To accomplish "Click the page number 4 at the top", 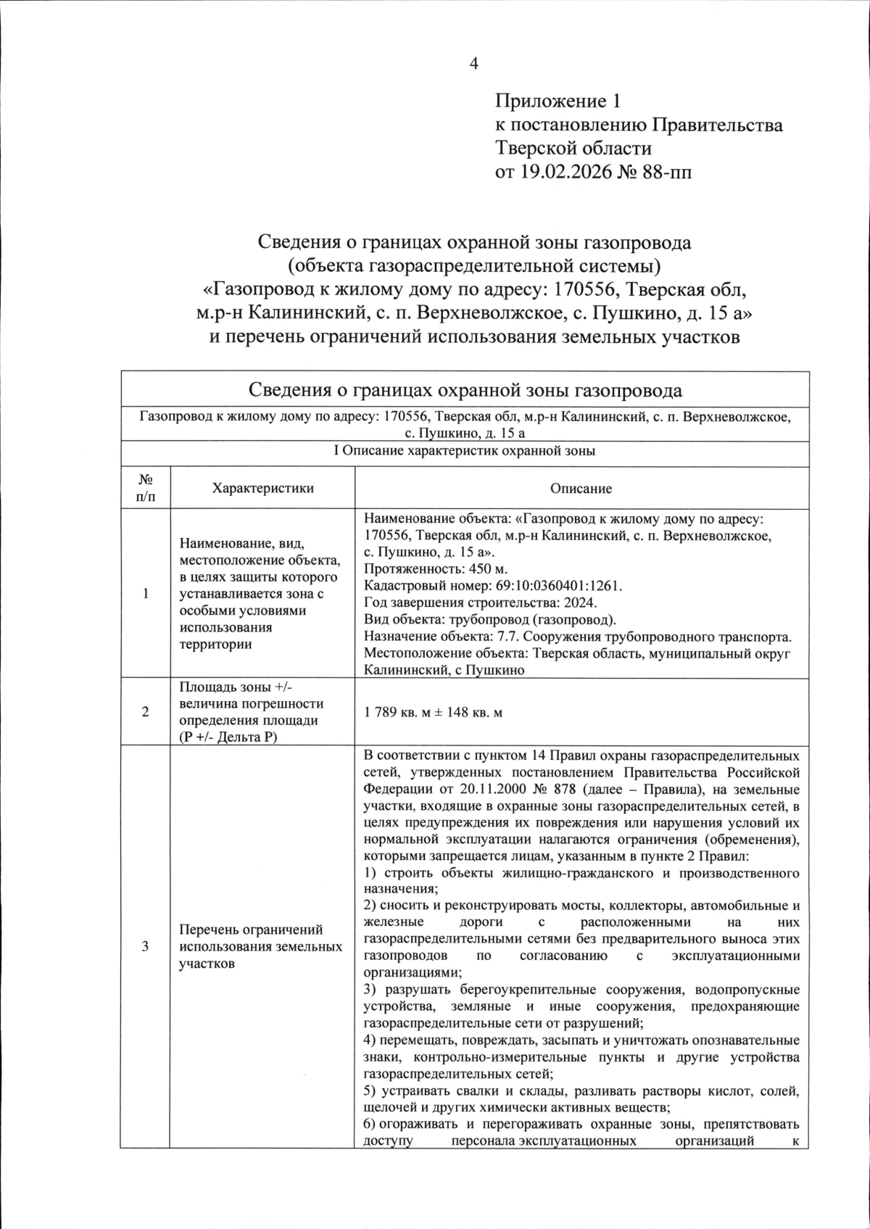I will [x=474, y=64].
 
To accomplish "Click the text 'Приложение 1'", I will [x=558, y=100].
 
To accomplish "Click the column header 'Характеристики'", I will [x=262, y=488].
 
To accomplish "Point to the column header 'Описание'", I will [x=581, y=488].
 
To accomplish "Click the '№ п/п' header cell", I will [x=145, y=488].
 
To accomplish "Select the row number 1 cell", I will [x=145, y=593].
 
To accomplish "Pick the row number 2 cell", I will [x=145, y=712].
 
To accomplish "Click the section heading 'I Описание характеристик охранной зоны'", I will [x=464, y=451].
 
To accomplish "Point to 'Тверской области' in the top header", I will [x=573, y=148].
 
